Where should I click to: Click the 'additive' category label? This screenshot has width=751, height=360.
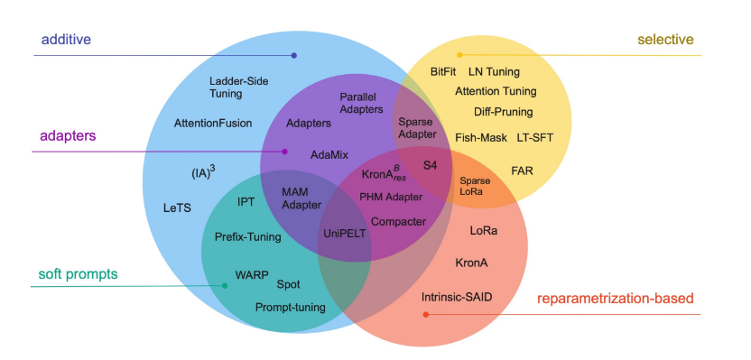pyautogui.click(x=67, y=40)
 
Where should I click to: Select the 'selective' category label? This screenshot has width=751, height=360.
pyautogui.click(x=665, y=39)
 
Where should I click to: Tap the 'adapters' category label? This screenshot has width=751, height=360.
pyautogui.click(x=68, y=135)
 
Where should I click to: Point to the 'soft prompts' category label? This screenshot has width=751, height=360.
pyautogui.click(x=79, y=273)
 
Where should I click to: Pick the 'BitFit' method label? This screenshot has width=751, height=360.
pyautogui.click(x=442, y=71)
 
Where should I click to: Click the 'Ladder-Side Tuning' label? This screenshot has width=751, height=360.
pyautogui.click(x=238, y=87)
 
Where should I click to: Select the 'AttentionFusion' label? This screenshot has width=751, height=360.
pyautogui.click(x=213, y=123)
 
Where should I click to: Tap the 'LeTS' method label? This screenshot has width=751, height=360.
pyautogui.click(x=177, y=208)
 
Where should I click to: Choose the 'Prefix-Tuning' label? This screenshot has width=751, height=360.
pyautogui.click(x=247, y=237)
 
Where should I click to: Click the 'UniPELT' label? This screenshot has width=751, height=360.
pyautogui.click(x=345, y=233)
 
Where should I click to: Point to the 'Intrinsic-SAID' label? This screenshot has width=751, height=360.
pyautogui.click(x=457, y=296)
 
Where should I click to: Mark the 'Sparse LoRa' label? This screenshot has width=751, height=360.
pyautogui.click(x=476, y=187)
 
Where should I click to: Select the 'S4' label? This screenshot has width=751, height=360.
pyautogui.click(x=431, y=165)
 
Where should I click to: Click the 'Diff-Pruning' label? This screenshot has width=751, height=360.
pyautogui.click(x=503, y=112)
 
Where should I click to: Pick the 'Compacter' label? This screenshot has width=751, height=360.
pyautogui.click(x=398, y=221)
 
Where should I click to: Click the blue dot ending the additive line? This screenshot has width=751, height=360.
pyautogui.click(x=294, y=56)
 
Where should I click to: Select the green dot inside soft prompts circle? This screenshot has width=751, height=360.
pyautogui.click(x=225, y=286)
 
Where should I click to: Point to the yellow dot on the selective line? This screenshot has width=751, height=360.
pyautogui.click(x=459, y=55)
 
